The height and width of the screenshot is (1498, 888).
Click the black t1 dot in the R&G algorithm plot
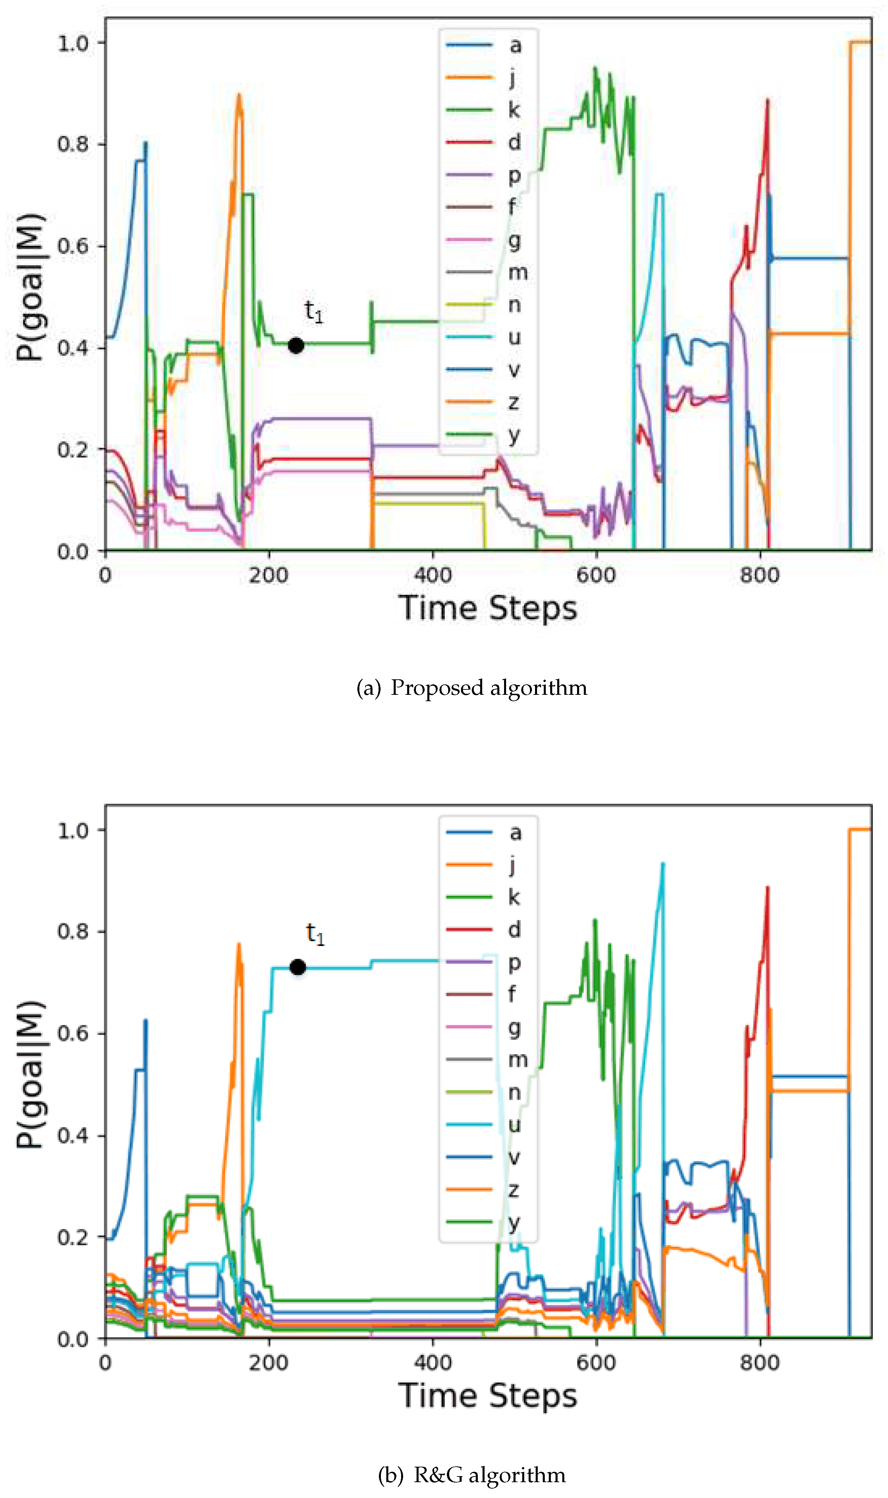(297, 967)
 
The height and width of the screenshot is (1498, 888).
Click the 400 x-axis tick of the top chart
(433, 576)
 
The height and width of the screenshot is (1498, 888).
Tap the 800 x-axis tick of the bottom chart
(759, 1363)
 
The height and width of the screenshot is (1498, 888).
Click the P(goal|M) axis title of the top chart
(30, 287)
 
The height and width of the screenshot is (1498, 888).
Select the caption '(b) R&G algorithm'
(471, 1475)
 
